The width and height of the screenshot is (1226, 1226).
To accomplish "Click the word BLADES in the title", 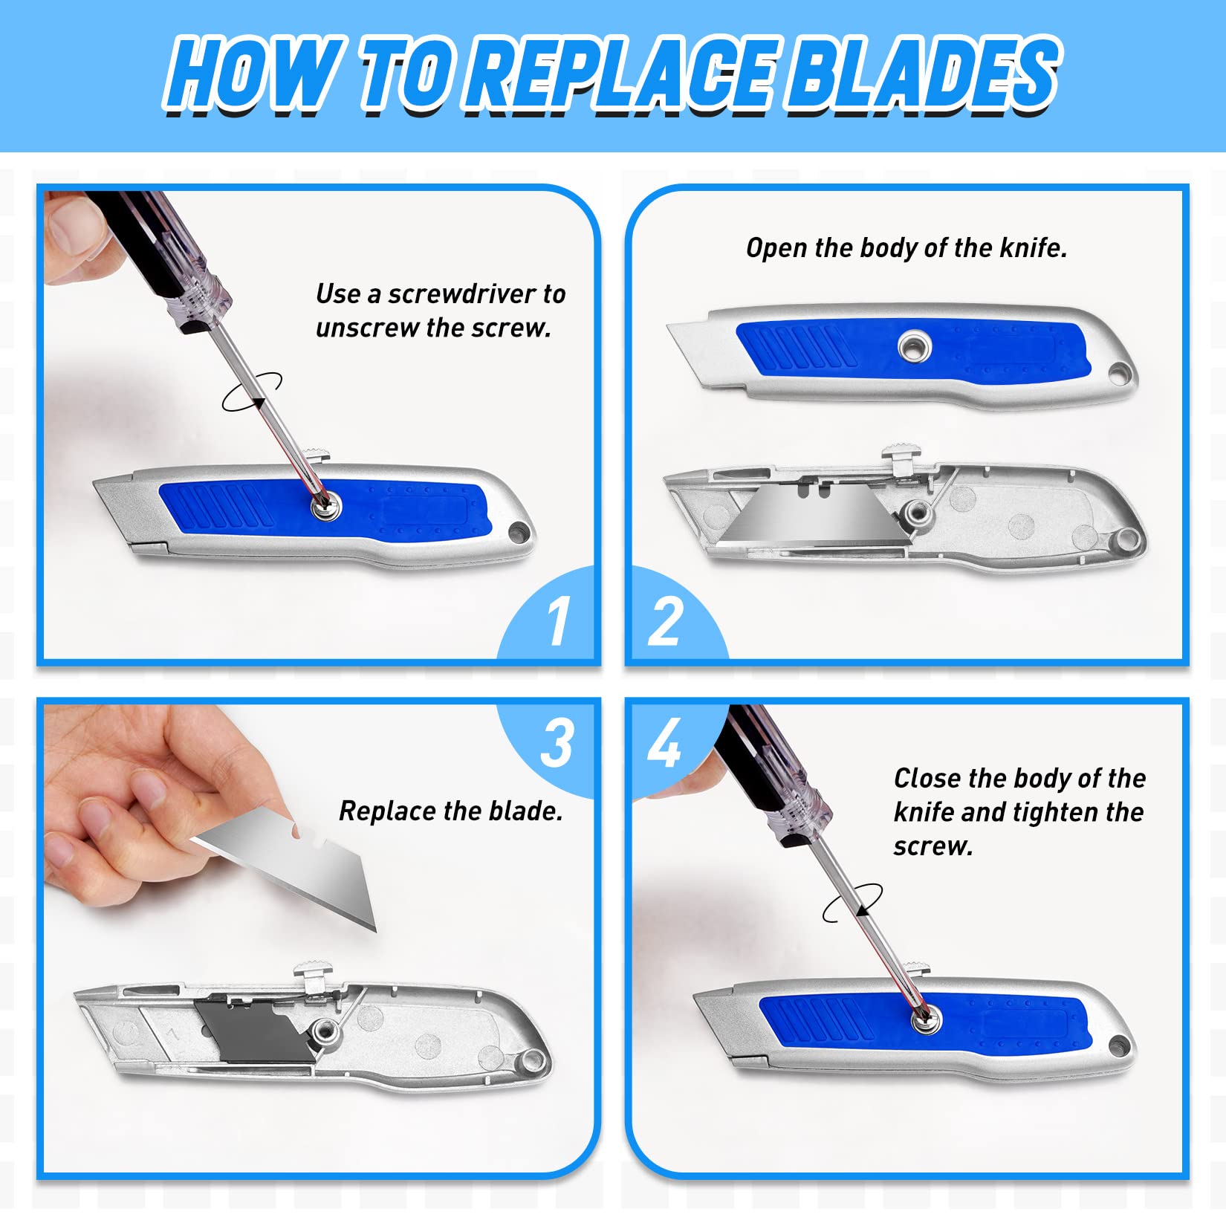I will tap(921, 74).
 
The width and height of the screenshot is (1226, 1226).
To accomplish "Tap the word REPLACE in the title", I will tap(624, 74).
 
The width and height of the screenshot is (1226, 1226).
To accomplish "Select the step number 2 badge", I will tap(665, 621).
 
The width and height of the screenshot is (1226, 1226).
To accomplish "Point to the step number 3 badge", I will tap(557, 743).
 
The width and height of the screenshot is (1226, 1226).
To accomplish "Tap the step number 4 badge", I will tap(664, 743).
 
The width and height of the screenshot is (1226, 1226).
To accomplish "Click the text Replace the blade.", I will tap(450, 811).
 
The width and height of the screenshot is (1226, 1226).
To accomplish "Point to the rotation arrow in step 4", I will tap(852, 903).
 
